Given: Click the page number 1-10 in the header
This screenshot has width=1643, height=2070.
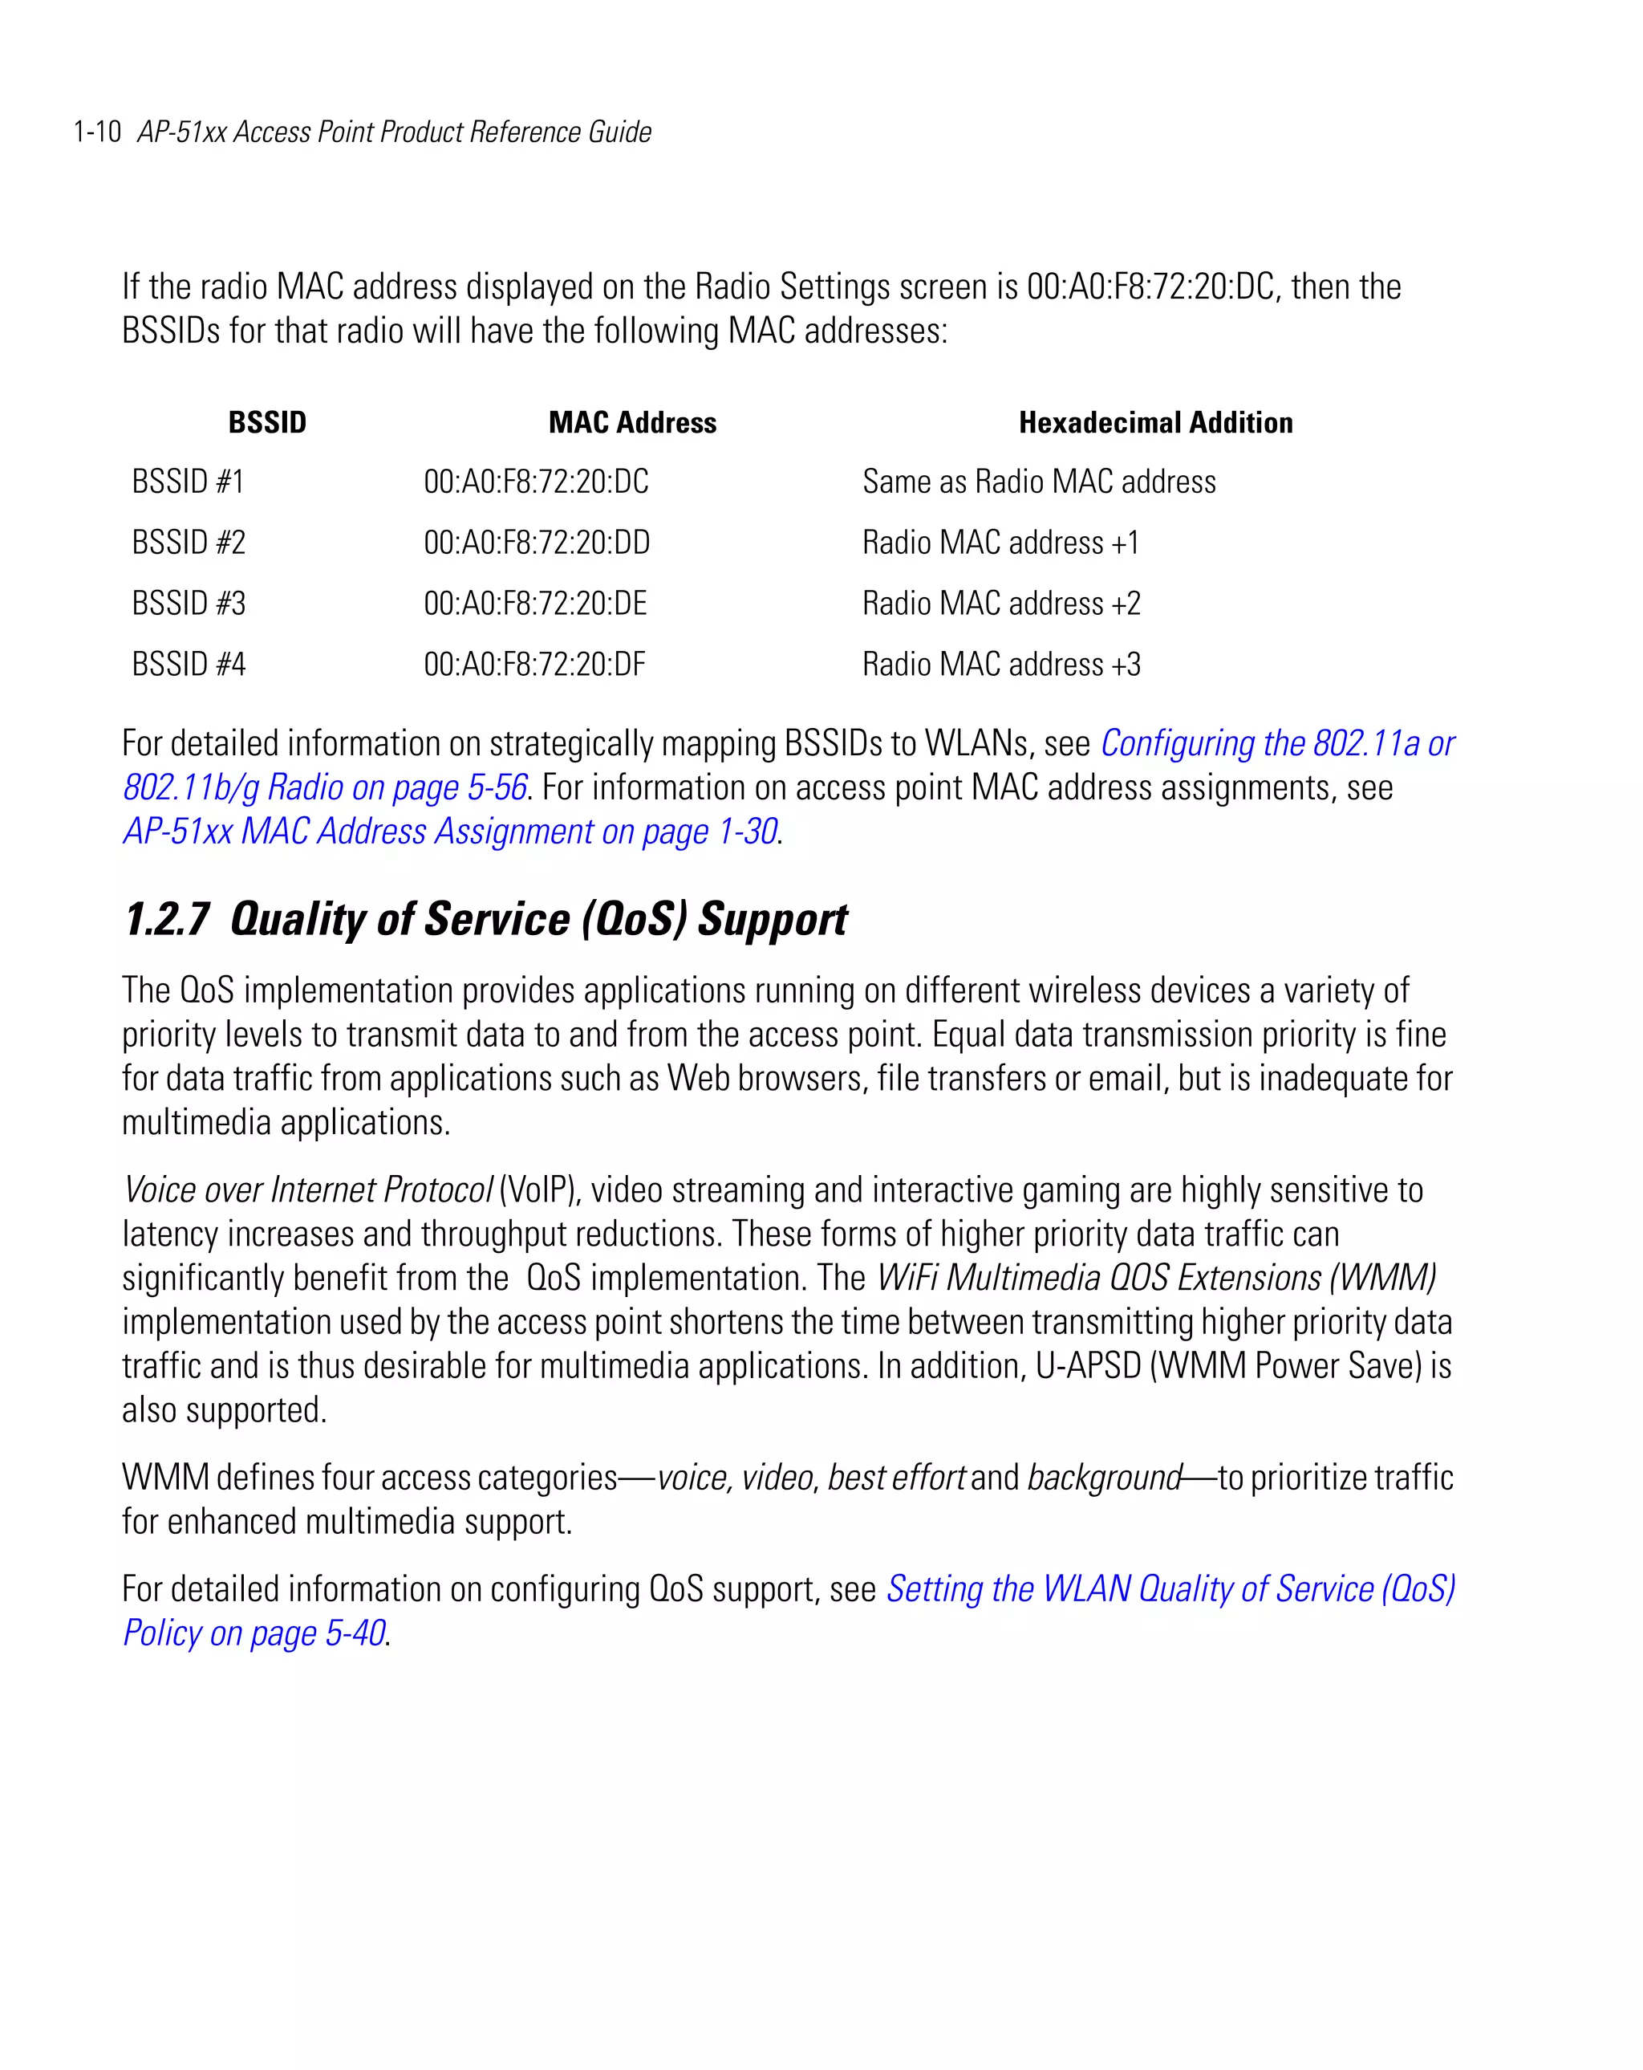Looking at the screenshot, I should click(97, 132).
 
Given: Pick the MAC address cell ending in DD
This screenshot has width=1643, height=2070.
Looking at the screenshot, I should click(537, 543).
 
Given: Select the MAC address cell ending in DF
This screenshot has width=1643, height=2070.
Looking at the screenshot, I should click(534, 665).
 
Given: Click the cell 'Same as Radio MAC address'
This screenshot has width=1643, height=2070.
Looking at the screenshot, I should click(1038, 481).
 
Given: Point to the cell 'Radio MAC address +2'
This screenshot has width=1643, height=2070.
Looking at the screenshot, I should click(1001, 603).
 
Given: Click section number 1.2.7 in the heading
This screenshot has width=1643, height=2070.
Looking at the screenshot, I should click(166, 919).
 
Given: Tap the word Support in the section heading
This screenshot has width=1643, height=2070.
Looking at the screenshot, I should click(772, 919).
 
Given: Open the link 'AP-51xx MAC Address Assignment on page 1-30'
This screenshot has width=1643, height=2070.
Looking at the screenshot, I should click(450, 832).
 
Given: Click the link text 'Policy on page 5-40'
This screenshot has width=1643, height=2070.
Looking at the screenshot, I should click(254, 1633).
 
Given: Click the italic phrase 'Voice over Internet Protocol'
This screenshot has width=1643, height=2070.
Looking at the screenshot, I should click(307, 1190).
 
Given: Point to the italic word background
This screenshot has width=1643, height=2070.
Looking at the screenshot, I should click(1104, 1477).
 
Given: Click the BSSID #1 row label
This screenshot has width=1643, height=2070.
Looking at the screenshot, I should click(188, 481).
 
